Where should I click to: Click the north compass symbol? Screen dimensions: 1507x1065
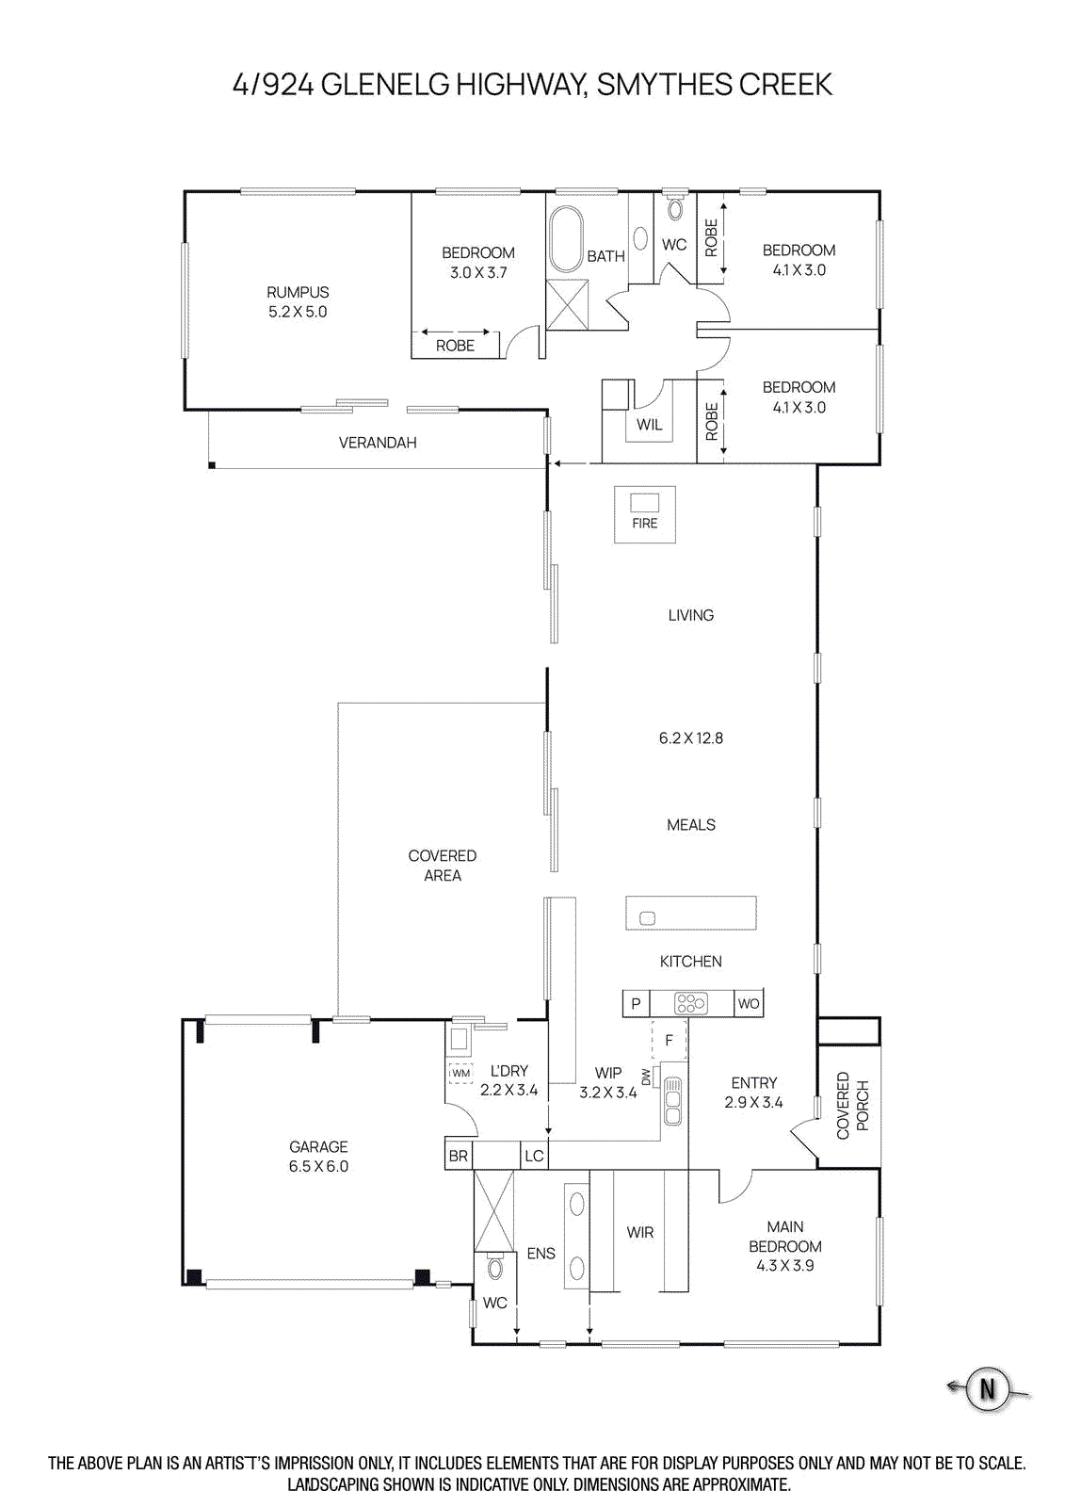pyautogui.click(x=987, y=1388)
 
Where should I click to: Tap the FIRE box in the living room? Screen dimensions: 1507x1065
pyautogui.click(x=645, y=514)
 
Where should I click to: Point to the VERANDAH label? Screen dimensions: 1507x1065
pyautogui.click(x=378, y=443)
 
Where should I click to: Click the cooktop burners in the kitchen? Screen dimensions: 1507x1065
pyautogui.click(x=691, y=1003)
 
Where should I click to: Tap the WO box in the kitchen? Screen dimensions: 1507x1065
pyautogui.click(x=749, y=1003)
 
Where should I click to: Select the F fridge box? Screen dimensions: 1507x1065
pyautogui.click(x=669, y=1040)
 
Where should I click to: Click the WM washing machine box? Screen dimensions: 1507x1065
pyautogui.click(x=460, y=1073)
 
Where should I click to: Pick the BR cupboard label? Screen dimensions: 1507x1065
pyautogui.click(x=459, y=1156)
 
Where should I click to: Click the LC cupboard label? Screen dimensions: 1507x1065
pyautogui.click(x=534, y=1156)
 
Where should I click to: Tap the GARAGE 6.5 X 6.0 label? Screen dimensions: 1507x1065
pyautogui.click(x=318, y=1156)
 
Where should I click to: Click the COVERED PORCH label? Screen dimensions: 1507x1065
pyautogui.click(x=852, y=1105)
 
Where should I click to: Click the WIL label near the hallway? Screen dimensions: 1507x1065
pyautogui.click(x=650, y=425)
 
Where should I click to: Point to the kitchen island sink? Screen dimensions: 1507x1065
pyautogui.click(x=647, y=918)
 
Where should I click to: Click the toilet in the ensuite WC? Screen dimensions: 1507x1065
pyautogui.click(x=495, y=1268)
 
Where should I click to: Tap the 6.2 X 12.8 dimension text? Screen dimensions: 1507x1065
pyautogui.click(x=691, y=738)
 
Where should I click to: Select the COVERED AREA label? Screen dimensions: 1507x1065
pyautogui.click(x=443, y=866)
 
